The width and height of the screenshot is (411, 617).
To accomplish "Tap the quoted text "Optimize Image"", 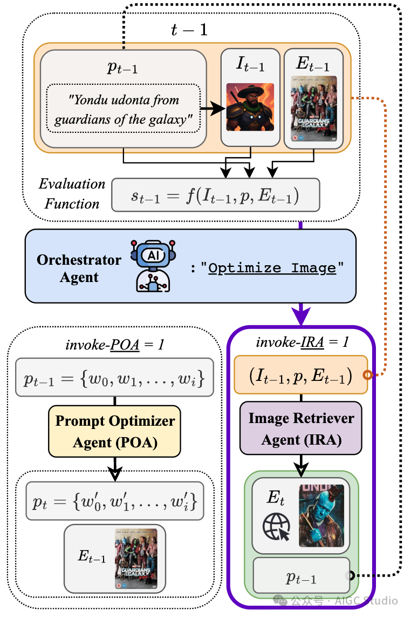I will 272,268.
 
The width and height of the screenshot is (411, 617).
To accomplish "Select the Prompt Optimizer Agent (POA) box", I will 115,432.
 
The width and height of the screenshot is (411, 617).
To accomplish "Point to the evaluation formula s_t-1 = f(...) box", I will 215,195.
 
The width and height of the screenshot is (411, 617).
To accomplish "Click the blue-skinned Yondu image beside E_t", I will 321,515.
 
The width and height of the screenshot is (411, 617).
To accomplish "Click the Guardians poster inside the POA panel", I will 134,558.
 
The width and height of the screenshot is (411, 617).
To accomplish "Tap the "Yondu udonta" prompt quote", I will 124,108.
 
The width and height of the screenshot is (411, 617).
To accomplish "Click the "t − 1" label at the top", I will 189,30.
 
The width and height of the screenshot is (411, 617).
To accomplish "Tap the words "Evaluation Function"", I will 72,194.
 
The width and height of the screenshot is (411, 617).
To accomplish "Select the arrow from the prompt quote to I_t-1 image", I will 212,109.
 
